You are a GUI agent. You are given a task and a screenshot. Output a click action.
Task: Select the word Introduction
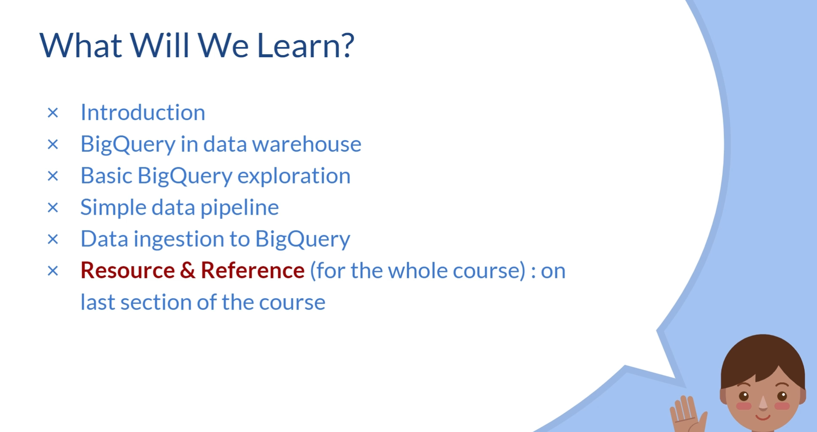pos(143,113)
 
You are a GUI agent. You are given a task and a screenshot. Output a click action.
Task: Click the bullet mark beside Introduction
pos(53,113)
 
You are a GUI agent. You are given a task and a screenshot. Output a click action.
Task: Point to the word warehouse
pos(307,144)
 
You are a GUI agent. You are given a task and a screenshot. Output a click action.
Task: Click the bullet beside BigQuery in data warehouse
pos(53,144)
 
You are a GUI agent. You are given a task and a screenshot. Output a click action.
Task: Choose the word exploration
pos(294,176)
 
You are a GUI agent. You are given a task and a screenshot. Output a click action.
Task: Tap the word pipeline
pos(239,208)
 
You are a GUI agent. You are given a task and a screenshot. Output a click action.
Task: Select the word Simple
pos(113,208)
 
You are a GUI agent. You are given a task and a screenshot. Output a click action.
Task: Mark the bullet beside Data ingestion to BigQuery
pos(53,239)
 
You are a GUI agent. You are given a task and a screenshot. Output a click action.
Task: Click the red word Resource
pos(128,271)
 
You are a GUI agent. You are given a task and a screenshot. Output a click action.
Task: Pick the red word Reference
pos(253,271)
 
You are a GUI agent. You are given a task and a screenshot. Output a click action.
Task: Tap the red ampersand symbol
pos(188,271)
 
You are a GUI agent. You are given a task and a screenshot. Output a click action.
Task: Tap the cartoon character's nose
pos(763,402)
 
